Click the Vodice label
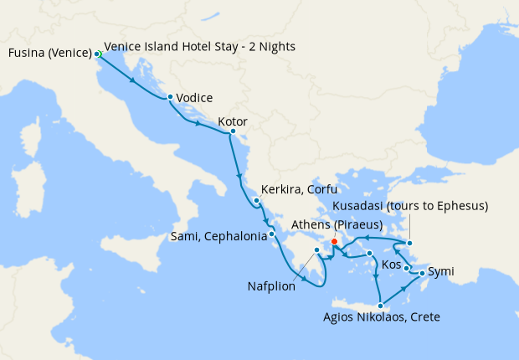194,98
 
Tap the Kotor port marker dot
232,131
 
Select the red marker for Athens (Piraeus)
334,242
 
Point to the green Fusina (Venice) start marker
98,54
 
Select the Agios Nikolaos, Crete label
381,317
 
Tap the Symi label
441,273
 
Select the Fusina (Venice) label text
50,54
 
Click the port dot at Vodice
170,97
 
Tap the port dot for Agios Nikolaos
381,305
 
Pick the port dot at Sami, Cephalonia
272,235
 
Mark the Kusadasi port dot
409,244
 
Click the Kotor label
232,121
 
